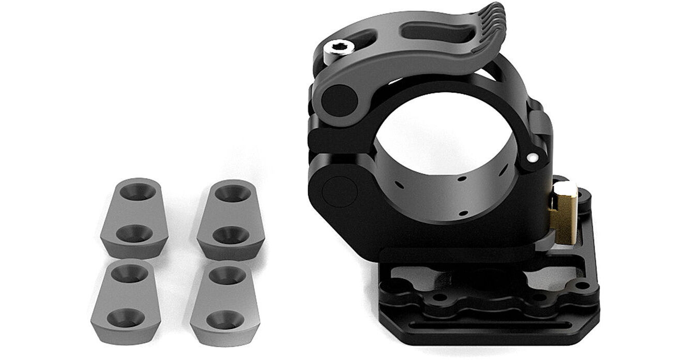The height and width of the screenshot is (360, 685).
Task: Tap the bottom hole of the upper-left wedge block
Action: tap(134, 234)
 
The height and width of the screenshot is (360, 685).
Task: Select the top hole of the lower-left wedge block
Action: tap(127, 274)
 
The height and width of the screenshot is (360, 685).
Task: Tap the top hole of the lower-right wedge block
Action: tap(224, 275)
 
